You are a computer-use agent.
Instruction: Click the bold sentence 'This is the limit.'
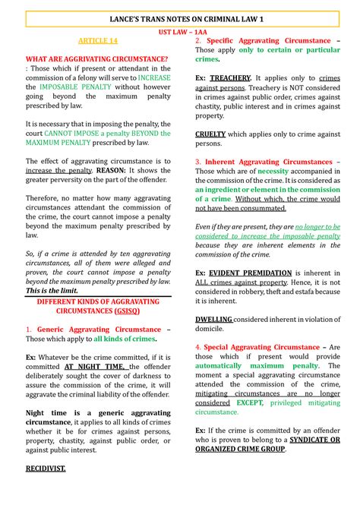[55, 290]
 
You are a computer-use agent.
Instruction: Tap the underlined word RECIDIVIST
[46, 469]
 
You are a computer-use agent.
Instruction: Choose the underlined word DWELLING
[213, 320]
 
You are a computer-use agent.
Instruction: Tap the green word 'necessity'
[273, 171]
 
